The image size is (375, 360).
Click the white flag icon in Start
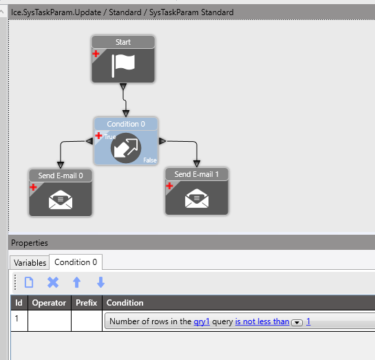click(x=123, y=65)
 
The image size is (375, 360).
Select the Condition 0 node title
click(x=126, y=124)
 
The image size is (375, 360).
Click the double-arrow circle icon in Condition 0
click(x=126, y=148)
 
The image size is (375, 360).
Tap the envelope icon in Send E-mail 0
click(x=61, y=200)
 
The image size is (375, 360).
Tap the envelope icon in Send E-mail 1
click(x=197, y=198)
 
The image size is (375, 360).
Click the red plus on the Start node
click(x=96, y=54)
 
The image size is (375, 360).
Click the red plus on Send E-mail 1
click(x=169, y=186)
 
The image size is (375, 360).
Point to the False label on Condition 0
click(x=150, y=160)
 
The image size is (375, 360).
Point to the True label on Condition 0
click(x=110, y=137)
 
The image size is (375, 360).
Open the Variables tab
click(x=30, y=263)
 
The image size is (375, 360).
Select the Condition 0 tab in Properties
click(x=76, y=262)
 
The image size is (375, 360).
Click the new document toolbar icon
click(x=29, y=282)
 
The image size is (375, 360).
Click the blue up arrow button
click(x=77, y=282)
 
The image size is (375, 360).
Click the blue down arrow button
click(x=100, y=282)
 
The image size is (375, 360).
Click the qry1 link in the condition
click(x=202, y=321)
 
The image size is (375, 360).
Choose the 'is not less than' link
click(x=262, y=321)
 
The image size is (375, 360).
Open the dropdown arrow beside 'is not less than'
click(x=297, y=322)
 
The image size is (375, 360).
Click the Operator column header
click(x=49, y=303)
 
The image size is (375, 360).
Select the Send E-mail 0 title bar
click(x=61, y=176)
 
